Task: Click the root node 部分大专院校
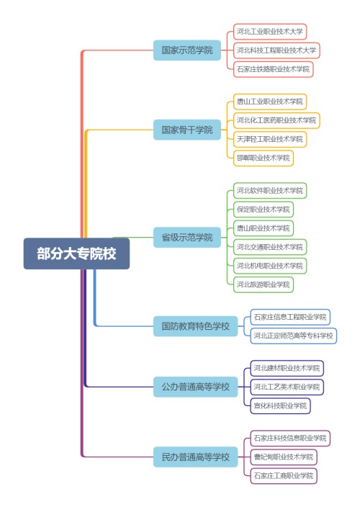[x=76, y=253]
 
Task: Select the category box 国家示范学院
[x=187, y=50]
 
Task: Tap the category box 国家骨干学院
[x=187, y=130]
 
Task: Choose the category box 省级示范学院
[x=187, y=238]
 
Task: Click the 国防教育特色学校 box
[x=196, y=326]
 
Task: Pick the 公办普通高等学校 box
[x=196, y=387]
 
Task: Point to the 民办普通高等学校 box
[x=196, y=457]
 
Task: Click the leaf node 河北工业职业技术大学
[x=270, y=32]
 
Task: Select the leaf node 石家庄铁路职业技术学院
[x=274, y=69]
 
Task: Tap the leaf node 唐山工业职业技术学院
[x=270, y=102]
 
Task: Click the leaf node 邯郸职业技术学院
[x=264, y=158]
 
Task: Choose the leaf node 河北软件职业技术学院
[x=270, y=190]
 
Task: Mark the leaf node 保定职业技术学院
[x=264, y=209]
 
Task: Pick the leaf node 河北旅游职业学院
[x=264, y=284]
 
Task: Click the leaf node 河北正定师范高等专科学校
[x=294, y=336]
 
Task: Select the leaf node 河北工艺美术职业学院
[x=287, y=387]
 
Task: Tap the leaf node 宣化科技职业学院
[x=280, y=405]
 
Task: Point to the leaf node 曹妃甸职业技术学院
[x=284, y=457]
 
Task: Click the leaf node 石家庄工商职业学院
[x=284, y=476]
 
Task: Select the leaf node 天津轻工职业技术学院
[x=270, y=140]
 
